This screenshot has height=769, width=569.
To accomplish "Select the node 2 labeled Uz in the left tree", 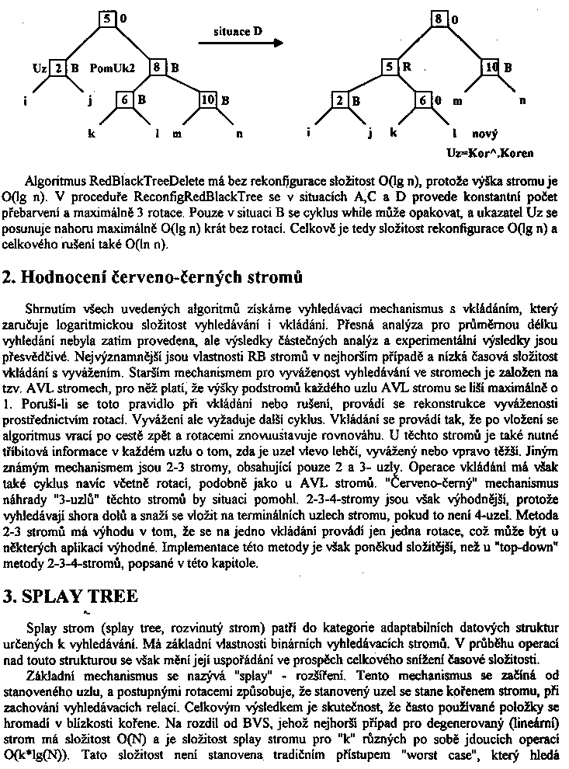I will [x=59, y=68].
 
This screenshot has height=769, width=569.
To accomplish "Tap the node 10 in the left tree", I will [x=208, y=99].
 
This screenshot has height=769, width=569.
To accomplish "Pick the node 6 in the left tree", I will [x=126, y=99].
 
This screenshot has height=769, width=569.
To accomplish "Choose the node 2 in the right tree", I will [x=340, y=100].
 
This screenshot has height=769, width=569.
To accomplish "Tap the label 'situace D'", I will [x=238, y=31].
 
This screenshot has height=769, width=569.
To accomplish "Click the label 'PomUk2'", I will [x=113, y=68].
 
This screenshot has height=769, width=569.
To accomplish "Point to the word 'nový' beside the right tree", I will [x=484, y=133].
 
